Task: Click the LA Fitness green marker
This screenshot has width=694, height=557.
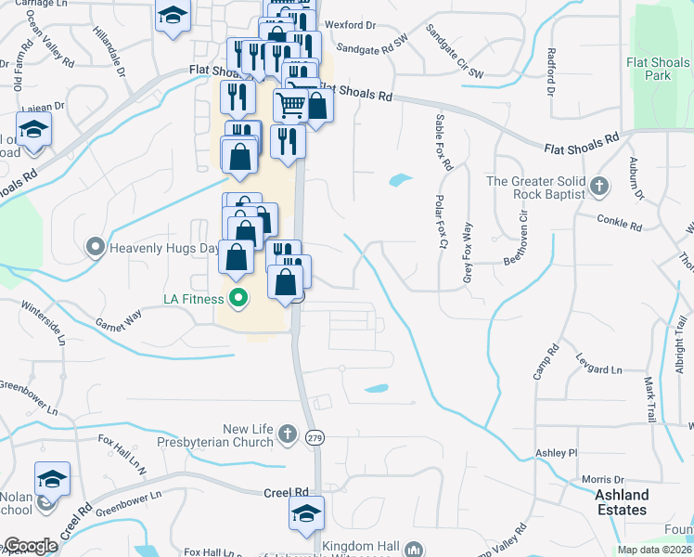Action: (x=238, y=299)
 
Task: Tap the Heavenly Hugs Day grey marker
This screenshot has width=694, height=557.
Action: (x=96, y=248)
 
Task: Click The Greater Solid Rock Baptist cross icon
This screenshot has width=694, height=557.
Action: (x=599, y=187)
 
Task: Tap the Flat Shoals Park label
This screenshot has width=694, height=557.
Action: (x=659, y=69)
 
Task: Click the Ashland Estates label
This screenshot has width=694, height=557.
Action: (x=622, y=502)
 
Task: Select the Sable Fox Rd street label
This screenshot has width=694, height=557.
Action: (x=442, y=142)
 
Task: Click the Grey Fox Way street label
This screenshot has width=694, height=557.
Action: (x=467, y=252)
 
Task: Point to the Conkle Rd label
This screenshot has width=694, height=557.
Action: (x=620, y=225)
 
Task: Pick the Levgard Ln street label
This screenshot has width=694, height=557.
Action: (x=598, y=369)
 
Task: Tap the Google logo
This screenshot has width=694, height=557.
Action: (x=31, y=546)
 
